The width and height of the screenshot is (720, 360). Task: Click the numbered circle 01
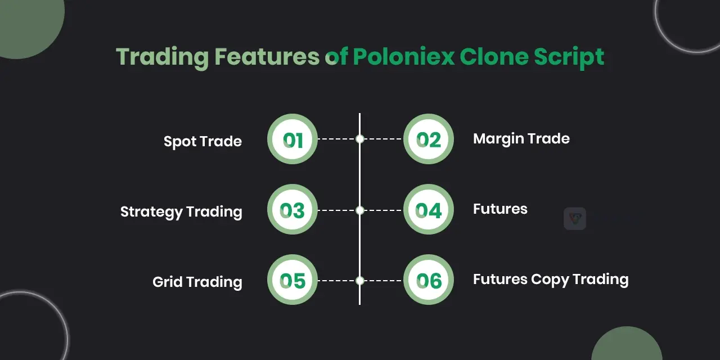coord(292,139)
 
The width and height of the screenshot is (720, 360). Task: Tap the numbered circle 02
coord(429,139)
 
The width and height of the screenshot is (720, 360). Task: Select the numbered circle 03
coord(292,210)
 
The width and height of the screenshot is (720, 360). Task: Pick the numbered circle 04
coord(429,210)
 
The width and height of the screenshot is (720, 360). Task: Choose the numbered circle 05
coord(292,280)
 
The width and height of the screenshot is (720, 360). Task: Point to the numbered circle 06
coord(429,280)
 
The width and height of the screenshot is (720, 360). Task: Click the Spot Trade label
coord(202,141)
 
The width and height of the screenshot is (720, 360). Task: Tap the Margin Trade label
coord(521,138)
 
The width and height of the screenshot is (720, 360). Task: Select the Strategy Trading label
coord(181,212)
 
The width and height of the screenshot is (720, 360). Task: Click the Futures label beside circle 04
coord(500,209)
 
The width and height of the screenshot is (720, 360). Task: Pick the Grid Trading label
coord(197,282)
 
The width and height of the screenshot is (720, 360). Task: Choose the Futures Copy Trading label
coord(551,280)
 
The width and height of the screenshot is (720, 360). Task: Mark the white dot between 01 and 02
coord(360,139)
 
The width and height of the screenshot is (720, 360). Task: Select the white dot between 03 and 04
coord(360,210)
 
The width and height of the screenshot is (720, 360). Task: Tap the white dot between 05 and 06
coord(360,281)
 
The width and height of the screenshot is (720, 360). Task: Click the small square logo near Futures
coord(575,219)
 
